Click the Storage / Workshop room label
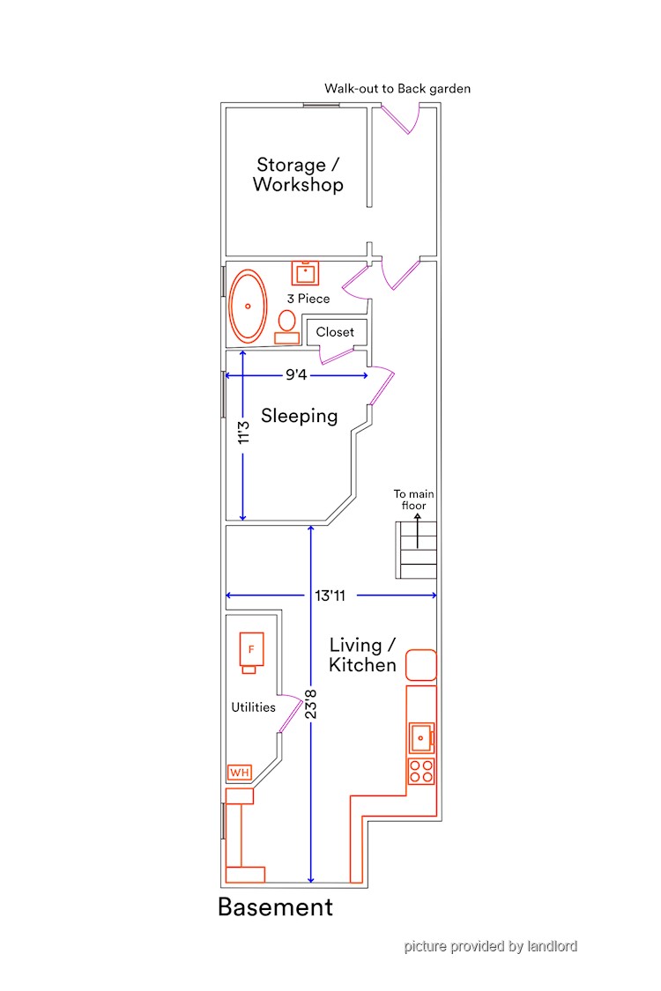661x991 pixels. (298, 174)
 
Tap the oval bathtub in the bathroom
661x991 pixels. (248, 307)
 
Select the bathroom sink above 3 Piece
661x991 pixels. (305, 273)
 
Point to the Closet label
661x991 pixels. (335, 332)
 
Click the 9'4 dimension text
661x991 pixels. (296, 374)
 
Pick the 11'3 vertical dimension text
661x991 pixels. (243, 433)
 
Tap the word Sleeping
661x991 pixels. (299, 416)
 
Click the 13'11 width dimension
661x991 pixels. (330, 595)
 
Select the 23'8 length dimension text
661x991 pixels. (310, 704)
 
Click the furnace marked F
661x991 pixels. (251, 653)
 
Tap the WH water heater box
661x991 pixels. (240, 773)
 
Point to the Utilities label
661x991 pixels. (253, 707)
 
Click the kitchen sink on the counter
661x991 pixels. (421, 737)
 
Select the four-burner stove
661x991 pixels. (421, 771)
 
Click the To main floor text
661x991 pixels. (413, 499)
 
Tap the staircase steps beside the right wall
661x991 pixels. (416, 550)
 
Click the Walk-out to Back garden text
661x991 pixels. (397, 88)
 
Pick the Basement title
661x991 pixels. (275, 907)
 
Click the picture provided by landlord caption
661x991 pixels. (491, 946)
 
